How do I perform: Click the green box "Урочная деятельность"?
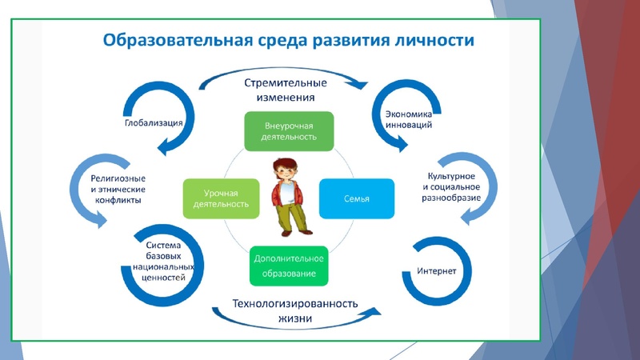point(222,198)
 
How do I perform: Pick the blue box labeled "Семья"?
point(357,198)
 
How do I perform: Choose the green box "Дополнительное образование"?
point(290,266)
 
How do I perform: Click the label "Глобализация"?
point(154,123)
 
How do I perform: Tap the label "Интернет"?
point(437,271)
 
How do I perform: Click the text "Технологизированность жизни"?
point(295,311)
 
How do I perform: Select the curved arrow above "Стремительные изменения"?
point(284,70)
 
